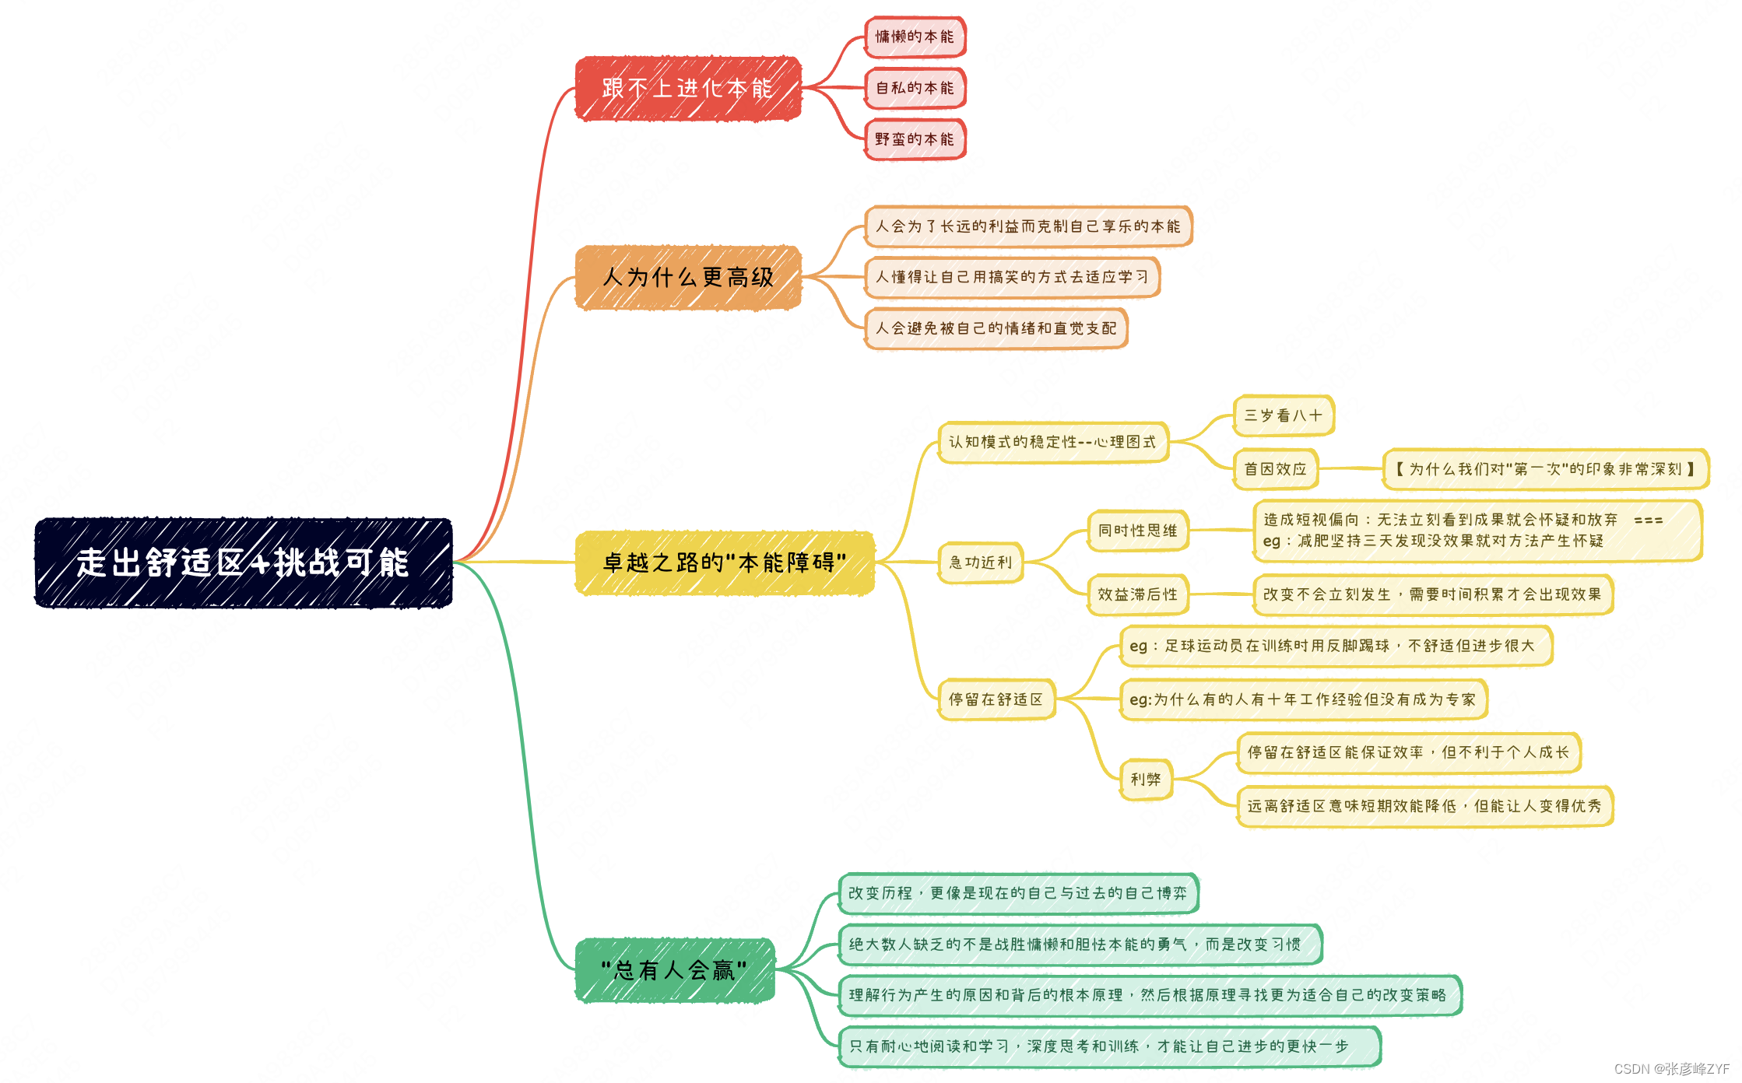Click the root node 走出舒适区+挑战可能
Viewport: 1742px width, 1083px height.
tap(244, 563)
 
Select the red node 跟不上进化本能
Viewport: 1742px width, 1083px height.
tap(688, 89)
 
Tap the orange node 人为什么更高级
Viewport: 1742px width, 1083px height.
tap(688, 278)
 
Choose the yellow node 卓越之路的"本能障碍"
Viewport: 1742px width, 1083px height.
tap(725, 563)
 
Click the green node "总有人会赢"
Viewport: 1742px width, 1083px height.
tap(675, 970)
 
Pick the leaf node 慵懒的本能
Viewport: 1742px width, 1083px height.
tap(915, 37)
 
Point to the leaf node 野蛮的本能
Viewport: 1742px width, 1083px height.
tap(915, 140)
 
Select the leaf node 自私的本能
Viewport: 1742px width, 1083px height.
tap(915, 89)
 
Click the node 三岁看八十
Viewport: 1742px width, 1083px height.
tap(1284, 415)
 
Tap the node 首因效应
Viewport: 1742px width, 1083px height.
tap(1276, 469)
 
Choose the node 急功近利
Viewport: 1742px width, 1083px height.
tap(981, 563)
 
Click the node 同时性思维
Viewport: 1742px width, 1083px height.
tap(1138, 531)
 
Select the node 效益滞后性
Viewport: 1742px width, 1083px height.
tap(1138, 594)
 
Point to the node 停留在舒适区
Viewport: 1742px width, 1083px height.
tap(996, 699)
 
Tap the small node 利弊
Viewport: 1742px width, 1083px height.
tap(1146, 779)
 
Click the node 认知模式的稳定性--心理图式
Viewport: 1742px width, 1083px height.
tap(1053, 442)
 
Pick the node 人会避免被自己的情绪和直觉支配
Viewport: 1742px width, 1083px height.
tap(996, 328)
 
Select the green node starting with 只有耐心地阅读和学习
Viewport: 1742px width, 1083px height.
tap(1109, 1046)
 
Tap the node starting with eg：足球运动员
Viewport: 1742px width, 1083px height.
tap(1336, 646)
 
